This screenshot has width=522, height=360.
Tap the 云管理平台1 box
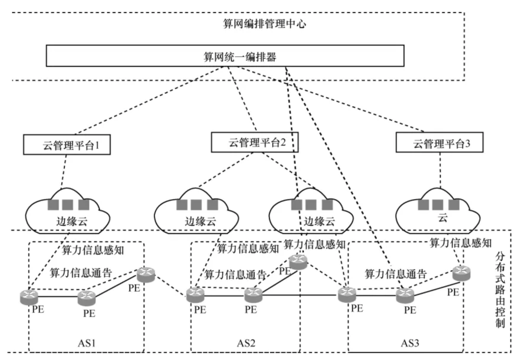[x=67, y=145]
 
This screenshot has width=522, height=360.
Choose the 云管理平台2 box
[x=255, y=142]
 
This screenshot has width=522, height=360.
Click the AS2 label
[x=246, y=343]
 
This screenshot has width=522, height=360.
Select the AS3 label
[x=410, y=343]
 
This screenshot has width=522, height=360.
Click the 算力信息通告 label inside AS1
[x=81, y=273]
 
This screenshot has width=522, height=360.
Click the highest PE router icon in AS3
[x=461, y=273]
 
